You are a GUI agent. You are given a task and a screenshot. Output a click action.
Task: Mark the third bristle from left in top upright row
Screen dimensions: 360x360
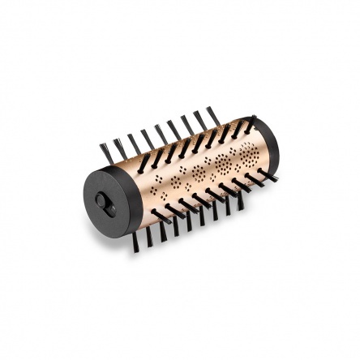(132, 142)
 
